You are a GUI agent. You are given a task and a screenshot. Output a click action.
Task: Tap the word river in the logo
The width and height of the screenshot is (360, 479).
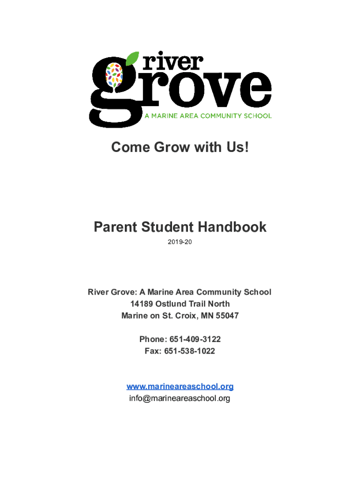click(173, 63)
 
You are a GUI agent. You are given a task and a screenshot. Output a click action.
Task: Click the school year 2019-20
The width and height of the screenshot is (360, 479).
click(180, 242)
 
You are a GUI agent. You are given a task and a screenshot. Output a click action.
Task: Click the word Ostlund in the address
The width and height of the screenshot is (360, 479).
click(173, 304)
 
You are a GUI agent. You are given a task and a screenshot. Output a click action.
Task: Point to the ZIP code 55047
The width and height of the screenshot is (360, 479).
click(227, 316)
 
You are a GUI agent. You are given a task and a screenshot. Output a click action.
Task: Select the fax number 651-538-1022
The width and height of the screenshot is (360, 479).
click(189, 351)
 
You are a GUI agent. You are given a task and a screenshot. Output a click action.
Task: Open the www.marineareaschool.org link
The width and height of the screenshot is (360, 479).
click(180, 386)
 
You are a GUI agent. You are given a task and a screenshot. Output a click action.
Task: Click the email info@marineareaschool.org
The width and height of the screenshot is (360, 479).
click(180, 399)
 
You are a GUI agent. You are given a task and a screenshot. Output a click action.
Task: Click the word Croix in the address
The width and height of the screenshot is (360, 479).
click(186, 316)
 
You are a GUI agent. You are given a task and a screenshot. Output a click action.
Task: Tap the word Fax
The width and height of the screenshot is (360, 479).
click(152, 351)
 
